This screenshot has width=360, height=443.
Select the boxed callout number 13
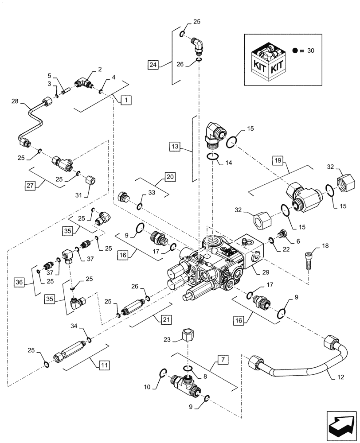[x=175, y=145]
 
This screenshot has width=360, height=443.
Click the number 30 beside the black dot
[x=310, y=51]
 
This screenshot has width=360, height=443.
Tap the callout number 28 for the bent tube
[x=16, y=102]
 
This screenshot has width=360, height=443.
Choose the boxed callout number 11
[x=104, y=365]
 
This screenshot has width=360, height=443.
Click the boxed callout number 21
[x=165, y=319]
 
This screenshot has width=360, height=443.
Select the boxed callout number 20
[x=170, y=177]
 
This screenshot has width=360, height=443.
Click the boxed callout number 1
[x=126, y=101]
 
